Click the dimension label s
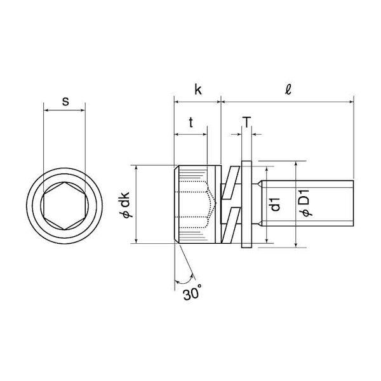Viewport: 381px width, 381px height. (65, 101)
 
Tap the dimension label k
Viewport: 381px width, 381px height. (198, 90)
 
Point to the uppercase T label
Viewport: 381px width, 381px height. (246, 122)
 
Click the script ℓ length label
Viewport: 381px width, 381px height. (288, 89)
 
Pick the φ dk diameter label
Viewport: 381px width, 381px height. (126, 204)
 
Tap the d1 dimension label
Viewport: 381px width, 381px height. (276, 204)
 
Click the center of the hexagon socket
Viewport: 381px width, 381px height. (64, 206)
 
